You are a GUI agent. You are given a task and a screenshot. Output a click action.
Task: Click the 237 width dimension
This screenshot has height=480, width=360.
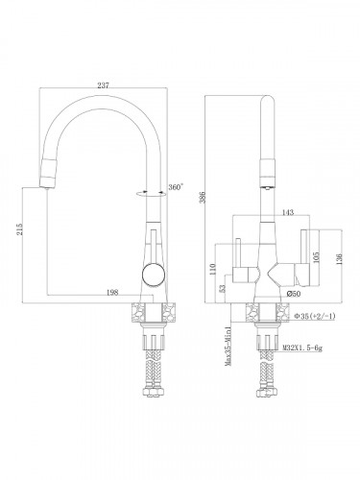tap(103, 85)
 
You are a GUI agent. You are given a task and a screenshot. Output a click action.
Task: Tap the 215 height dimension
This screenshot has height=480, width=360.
tap(20, 229)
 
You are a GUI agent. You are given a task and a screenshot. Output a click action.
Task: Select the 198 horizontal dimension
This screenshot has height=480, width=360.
tap(112, 292)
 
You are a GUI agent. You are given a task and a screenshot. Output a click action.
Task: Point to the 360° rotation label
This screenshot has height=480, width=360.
tap(176, 187)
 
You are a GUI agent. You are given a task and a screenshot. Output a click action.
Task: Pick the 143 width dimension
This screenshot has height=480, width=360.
tap(288, 212)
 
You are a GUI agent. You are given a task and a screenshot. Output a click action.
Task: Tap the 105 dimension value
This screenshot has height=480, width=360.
tap(317, 256)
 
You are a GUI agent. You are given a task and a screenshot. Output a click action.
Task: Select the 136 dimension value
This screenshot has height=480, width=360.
tap(339, 258)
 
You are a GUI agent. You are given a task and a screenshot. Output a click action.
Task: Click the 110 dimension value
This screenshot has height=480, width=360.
tap(213, 269)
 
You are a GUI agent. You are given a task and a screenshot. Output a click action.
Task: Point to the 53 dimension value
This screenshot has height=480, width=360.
tap(223, 289)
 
